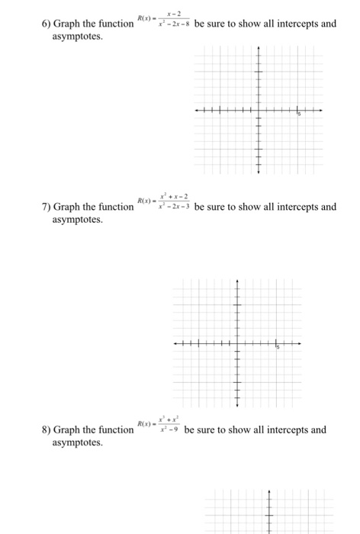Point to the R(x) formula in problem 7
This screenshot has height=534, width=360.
[163, 201]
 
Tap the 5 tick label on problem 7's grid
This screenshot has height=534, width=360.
[279, 348]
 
